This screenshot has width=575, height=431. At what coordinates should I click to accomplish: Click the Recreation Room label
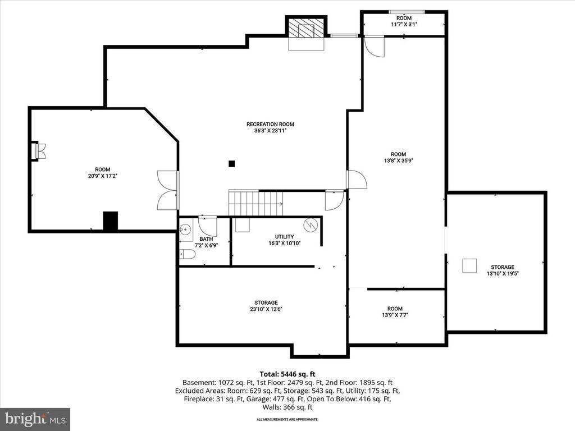tap(270, 125)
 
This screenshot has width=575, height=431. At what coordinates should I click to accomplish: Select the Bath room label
tap(198, 239)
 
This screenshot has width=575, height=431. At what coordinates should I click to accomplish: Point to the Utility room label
tap(284, 237)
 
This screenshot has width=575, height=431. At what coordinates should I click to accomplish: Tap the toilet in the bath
tap(187, 254)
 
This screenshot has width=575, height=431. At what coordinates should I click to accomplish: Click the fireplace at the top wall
tap(307, 29)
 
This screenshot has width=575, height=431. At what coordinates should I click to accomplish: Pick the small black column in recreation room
tap(231, 164)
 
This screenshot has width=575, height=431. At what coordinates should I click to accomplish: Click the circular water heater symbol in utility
tap(311, 224)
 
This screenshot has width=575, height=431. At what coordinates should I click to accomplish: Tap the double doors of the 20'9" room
tap(168, 190)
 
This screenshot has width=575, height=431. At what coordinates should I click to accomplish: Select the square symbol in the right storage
tap(469, 265)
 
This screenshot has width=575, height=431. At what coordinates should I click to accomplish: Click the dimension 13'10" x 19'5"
tap(502, 274)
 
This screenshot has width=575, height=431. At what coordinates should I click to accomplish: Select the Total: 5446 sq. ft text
tap(286, 373)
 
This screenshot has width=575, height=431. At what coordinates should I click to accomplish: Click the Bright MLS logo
tap(35, 419)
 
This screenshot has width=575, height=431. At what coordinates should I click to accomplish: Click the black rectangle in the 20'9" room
tap(111, 221)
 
